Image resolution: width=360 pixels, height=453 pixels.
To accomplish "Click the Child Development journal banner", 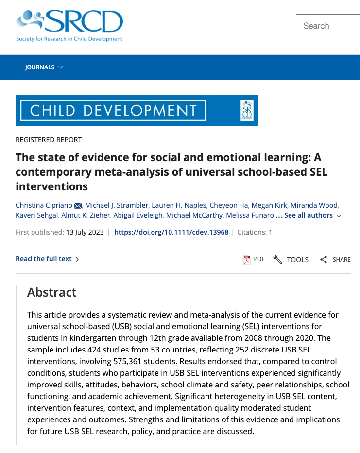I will [137, 110].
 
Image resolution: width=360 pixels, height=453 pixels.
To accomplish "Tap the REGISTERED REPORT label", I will [49, 140].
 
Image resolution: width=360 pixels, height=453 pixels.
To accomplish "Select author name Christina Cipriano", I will [43, 205].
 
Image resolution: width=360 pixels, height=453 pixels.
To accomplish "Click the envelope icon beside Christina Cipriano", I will [78, 206].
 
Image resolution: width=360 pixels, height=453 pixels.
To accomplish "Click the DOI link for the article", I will [171, 232].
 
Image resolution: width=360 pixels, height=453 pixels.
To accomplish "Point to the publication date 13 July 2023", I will [85, 232].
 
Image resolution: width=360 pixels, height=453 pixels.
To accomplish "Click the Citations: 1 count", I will [255, 232].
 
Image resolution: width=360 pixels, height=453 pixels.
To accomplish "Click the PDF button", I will [254, 259].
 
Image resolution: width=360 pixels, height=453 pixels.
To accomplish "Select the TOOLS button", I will [291, 259].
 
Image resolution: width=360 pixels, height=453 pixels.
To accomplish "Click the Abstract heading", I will [52, 292].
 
